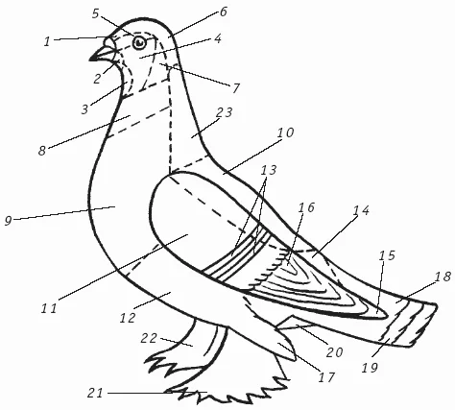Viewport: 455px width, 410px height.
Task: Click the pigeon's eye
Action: (139, 42)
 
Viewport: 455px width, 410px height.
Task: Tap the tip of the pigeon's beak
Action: (90, 60)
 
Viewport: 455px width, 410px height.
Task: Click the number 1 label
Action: (47, 41)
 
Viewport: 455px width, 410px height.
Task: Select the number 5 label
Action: (96, 13)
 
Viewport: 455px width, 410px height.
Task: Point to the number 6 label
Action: (223, 12)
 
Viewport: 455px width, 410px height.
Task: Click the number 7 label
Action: (236, 88)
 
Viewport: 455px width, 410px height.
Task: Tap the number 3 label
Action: (84, 109)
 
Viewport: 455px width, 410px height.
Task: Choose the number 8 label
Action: (42, 151)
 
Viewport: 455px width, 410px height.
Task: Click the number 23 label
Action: (224, 112)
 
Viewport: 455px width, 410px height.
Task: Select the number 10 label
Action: (285, 133)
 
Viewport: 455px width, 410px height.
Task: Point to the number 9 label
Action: (8, 221)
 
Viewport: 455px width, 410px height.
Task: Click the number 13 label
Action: (268, 170)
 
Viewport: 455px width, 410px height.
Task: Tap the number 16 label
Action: (306, 207)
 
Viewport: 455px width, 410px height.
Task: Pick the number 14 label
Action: (361, 210)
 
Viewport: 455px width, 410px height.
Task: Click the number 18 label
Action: (443, 277)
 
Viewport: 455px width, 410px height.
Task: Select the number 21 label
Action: (96, 393)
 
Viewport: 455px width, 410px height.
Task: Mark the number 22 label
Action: (149, 338)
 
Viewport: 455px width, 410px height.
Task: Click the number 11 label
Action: (49, 308)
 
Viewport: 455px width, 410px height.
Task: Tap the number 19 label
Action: (370, 368)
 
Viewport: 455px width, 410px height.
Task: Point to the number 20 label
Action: (335, 352)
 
